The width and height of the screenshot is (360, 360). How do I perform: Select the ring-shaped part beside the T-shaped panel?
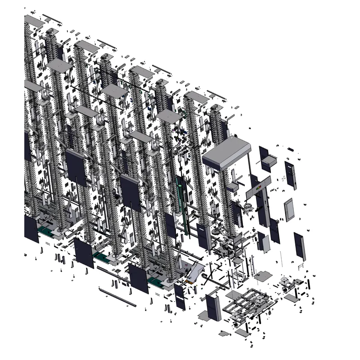pyautogui.click(x=247, y=207)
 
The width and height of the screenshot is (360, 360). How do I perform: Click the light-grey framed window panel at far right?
pyautogui.click(x=289, y=210)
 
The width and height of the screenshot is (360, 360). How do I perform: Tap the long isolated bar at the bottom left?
pyautogui.click(x=117, y=297)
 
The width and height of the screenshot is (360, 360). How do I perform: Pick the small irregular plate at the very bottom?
pyautogui.click(x=224, y=334)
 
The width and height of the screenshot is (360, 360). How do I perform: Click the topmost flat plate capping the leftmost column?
pyautogui.click(x=34, y=20)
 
